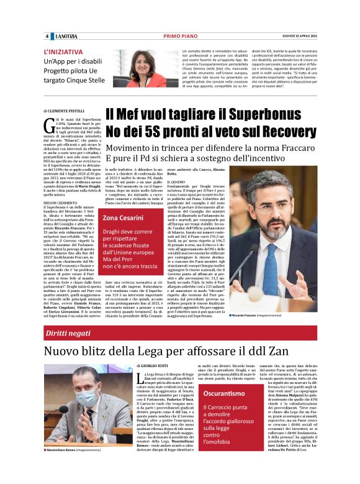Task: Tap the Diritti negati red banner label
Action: point(64,334)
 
